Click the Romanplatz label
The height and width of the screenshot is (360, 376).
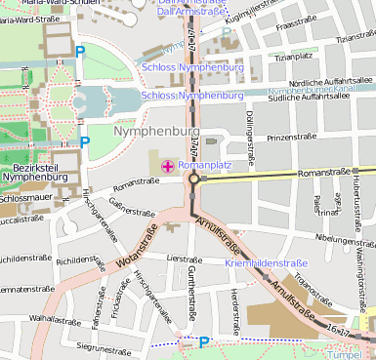(205, 166)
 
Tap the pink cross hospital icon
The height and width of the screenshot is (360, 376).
(168, 167)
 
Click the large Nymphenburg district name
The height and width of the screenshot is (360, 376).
(156, 131)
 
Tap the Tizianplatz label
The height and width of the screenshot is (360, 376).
(299, 57)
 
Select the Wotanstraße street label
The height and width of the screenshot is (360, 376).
(136, 248)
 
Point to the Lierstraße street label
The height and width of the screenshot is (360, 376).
(184, 259)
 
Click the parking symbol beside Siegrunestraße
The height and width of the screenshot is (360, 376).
(203, 342)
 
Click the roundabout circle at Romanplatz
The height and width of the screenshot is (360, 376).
(193, 180)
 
